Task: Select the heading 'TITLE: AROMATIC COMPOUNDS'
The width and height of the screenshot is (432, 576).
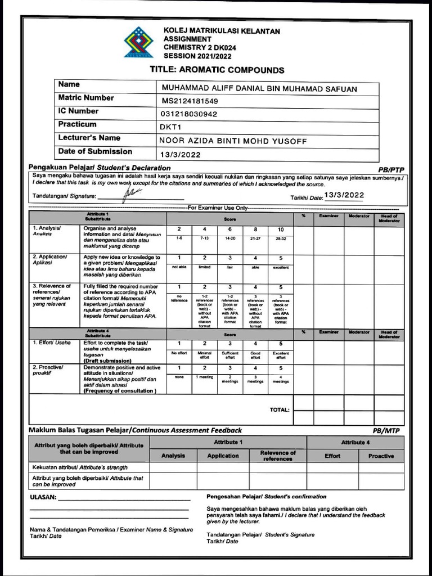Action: tap(217, 70)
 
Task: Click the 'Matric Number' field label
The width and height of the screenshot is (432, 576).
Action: tap(86, 98)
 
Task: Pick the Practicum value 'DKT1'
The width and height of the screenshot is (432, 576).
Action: tap(170, 128)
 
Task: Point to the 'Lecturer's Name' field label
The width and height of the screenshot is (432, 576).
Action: tap(89, 138)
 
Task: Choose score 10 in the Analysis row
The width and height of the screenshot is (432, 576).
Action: tap(281, 229)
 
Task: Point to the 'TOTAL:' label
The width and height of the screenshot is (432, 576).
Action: tap(280, 410)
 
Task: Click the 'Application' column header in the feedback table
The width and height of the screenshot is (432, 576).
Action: tap(223, 456)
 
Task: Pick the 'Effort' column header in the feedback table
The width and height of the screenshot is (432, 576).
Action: tap(332, 456)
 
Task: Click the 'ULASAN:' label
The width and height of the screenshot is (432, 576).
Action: tap(43, 497)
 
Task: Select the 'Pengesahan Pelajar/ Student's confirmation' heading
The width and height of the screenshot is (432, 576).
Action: tap(266, 497)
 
